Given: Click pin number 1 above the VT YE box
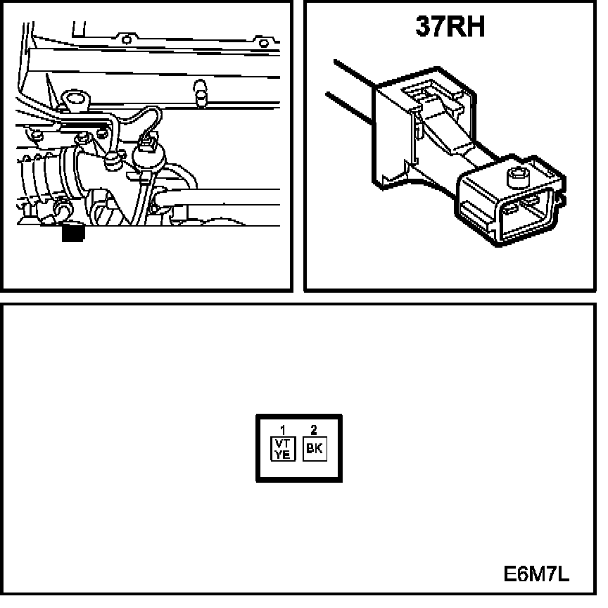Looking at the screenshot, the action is [x=282, y=429].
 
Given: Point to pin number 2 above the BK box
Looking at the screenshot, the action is [x=314, y=429].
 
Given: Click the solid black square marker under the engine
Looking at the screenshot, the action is [x=72, y=232].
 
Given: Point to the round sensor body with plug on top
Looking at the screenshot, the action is [x=148, y=158].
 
